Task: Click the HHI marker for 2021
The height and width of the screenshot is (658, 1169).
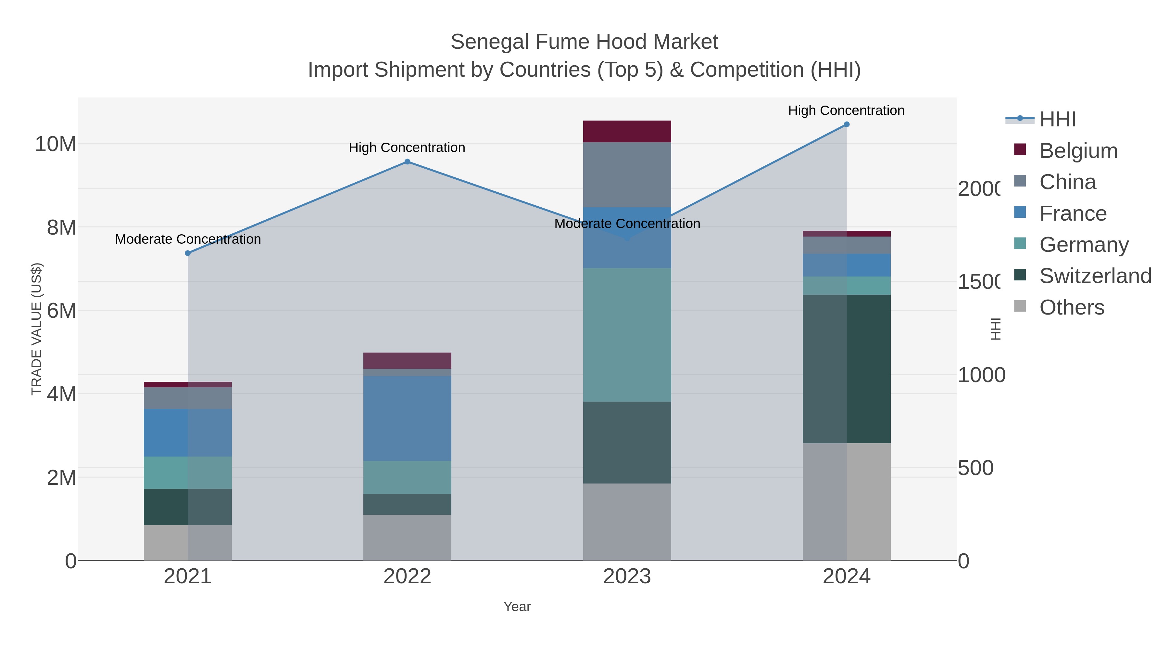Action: coord(188,253)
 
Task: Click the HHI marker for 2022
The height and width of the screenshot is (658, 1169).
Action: coord(407,162)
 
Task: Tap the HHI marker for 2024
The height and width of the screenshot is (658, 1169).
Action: coord(846,124)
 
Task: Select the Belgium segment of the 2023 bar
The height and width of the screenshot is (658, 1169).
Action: coord(627,132)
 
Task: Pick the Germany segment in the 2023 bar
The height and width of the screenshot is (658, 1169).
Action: coord(627,335)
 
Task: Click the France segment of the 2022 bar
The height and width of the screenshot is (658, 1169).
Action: coord(407,418)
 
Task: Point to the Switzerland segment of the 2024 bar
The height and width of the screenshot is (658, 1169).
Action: coord(846,369)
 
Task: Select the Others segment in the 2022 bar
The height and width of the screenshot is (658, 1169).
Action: coord(407,537)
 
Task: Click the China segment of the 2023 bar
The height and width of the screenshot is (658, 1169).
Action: coord(627,175)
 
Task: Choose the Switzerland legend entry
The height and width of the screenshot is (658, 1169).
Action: coord(1095,276)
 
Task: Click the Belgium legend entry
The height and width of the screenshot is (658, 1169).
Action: coord(1078,150)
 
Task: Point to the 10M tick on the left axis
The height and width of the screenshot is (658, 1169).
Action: coord(55,144)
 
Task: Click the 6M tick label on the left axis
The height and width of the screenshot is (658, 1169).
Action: coord(61,311)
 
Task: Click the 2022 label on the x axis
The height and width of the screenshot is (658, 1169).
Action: coord(407,576)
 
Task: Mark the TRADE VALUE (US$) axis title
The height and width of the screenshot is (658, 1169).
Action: coord(36,329)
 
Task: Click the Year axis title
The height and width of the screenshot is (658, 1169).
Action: coord(517,607)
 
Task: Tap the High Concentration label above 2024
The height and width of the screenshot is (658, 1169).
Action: coord(846,110)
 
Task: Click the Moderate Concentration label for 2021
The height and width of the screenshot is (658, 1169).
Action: coord(188,239)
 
